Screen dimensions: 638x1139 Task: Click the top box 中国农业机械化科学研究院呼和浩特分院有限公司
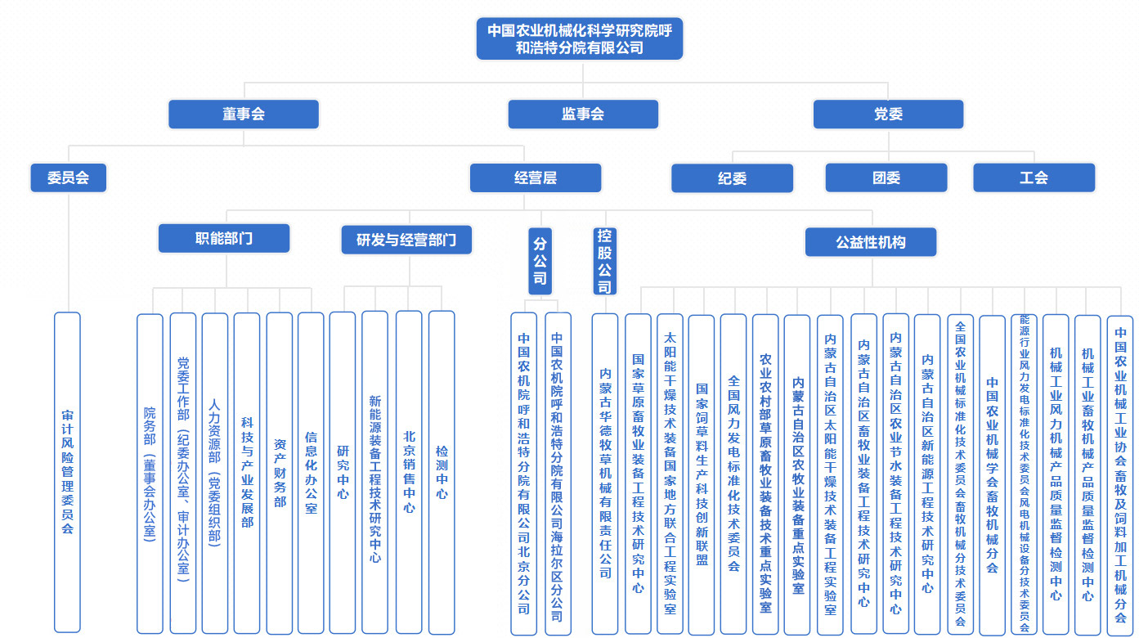click(x=580, y=38)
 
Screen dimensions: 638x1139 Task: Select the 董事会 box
click(x=244, y=115)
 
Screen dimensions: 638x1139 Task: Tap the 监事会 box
click(x=583, y=115)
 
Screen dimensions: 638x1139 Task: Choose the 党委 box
click(x=888, y=115)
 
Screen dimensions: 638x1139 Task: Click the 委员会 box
click(x=69, y=177)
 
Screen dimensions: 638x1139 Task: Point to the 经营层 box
click(x=536, y=177)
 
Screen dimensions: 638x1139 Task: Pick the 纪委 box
click(x=732, y=178)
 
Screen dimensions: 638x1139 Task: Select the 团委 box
click(x=886, y=177)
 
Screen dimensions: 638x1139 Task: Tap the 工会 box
click(x=1034, y=177)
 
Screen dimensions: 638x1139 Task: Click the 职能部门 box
click(x=224, y=239)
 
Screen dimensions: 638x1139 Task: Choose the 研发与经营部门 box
click(x=406, y=240)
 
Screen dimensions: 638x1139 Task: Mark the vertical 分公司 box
click(x=540, y=261)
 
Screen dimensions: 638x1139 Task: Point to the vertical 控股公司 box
click(x=604, y=261)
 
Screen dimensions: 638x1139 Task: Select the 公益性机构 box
click(x=871, y=242)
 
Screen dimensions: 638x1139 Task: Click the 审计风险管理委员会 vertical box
click(x=67, y=472)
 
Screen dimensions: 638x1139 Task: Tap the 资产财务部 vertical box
click(x=280, y=472)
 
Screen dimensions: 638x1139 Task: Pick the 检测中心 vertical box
click(x=442, y=472)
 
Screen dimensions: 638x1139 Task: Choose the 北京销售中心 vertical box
click(x=409, y=472)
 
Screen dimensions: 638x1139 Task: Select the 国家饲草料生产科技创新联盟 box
click(x=702, y=474)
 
